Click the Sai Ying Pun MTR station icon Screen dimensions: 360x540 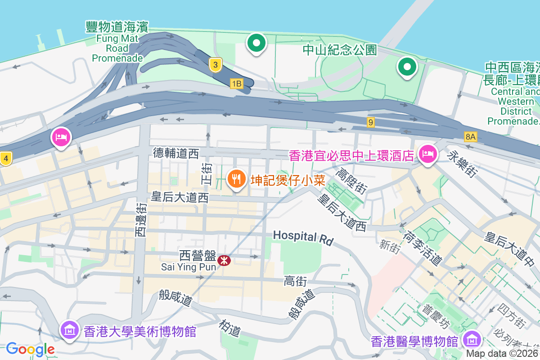pos(224,260)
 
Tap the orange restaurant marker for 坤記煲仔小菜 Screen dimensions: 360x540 pos(236,179)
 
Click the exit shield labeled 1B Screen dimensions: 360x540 pos(236,83)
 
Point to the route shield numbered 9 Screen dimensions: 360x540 pos(370,122)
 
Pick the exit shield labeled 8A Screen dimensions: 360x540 pos(471,136)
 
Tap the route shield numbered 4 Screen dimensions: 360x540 pos(6,158)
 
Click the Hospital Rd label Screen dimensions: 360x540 pos(303,237)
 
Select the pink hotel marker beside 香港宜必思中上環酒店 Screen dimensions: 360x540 pos(427,154)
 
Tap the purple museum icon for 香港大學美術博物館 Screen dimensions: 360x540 pos(70,331)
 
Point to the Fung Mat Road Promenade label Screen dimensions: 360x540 pos(117,42)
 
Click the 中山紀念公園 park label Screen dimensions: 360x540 pos(340,49)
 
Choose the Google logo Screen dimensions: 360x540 pos(30,349)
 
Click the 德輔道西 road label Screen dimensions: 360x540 pos(175,153)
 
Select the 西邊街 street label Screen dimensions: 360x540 pos(141,220)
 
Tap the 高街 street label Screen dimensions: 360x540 pos(295,282)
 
